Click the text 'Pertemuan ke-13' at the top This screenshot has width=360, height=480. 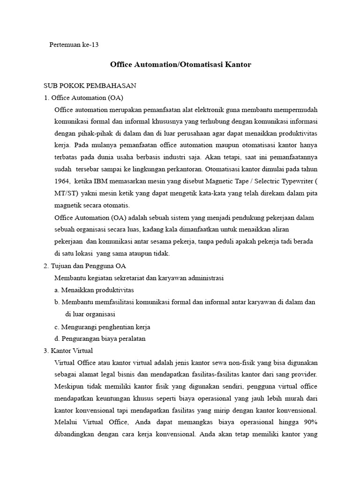pyautogui.click(x=75, y=45)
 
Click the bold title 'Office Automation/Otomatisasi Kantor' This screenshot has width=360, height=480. pyautogui.click(x=180, y=65)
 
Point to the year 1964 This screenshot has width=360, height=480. pyautogui.click(x=62, y=181)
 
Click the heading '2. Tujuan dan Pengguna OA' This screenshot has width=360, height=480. pyautogui.click(x=85, y=266)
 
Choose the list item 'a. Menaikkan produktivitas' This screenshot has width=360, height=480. pyautogui.click(x=94, y=290)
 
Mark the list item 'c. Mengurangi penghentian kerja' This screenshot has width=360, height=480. pyautogui.click(x=102, y=327)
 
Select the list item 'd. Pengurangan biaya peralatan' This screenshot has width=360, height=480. pyautogui.click(x=100, y=338)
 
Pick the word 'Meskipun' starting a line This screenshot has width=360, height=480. pyautogui.click(x=68, y=386)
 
